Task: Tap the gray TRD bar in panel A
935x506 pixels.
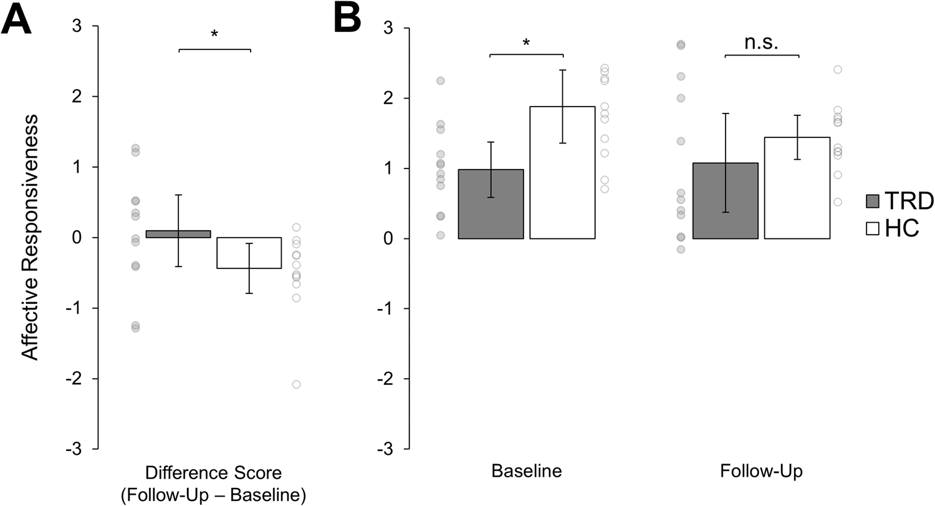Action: tap(178, 234)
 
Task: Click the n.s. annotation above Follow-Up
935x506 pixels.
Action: tap(761, 42)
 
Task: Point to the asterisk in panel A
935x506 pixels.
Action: tap(214, 35)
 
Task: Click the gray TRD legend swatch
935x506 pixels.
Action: tap(872, 201)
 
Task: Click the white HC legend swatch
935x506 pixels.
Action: tap(872, 230)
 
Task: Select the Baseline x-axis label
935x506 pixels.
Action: tap(527, 470)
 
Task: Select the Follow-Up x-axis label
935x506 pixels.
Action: tap(761, 470)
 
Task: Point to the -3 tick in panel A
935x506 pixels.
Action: tap(79, 449)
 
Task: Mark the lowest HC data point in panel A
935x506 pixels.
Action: tap(296, 384)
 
